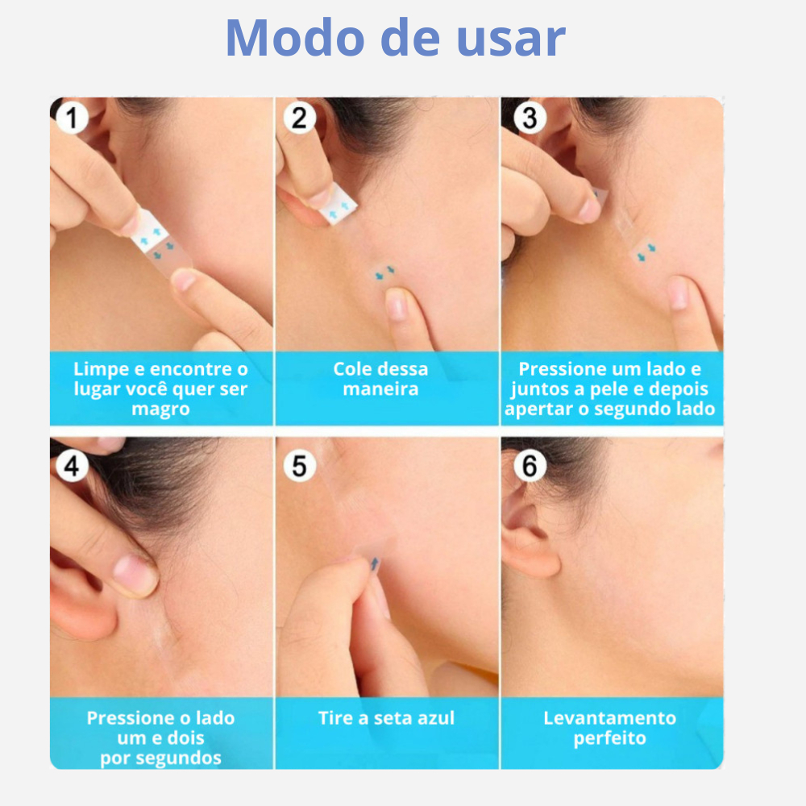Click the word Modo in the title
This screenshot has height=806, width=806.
click(295, 38)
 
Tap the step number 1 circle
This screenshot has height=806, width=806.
click(72, 118)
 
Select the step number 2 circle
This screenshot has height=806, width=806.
click(300, 118)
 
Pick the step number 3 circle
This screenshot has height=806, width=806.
click(530, 118)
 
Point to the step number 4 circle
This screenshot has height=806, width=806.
click(72, 466)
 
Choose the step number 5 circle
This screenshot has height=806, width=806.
click(300, 466)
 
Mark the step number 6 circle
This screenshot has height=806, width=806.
click(530, 466)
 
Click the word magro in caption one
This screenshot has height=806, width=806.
click(161, 409)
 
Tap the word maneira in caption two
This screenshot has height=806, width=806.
click(381, 389)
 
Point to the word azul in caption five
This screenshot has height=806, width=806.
click(435, 718)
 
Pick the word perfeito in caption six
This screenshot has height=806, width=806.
click(609, 738)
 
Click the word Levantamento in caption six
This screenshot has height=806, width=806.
click(609, 718)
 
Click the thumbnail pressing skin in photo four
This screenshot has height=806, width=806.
click(135, 575)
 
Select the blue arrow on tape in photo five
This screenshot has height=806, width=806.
click(376, 563)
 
